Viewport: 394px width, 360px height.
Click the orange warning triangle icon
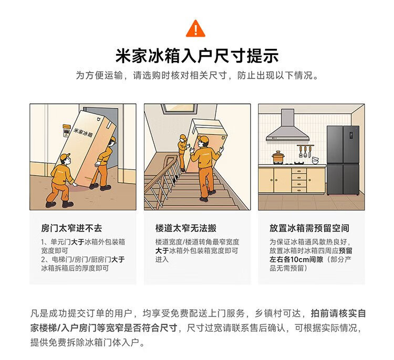[x=195, y=29]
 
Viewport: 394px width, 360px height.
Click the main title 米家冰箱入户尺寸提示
[x=197, y=56]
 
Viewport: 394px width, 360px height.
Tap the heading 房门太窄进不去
[x=71, y=228]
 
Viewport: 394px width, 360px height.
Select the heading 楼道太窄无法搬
[x=185, y=228]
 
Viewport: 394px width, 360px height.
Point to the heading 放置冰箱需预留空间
[x=309, y=228]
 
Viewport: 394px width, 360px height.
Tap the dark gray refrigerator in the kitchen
[x=343, y=161]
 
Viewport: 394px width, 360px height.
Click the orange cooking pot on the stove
[x=278, y=157]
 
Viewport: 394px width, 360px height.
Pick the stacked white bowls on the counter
[x=315, y=160]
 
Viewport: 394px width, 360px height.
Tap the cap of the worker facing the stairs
[x=203, y=139]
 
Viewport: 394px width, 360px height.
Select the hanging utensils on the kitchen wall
[x=305, y=151]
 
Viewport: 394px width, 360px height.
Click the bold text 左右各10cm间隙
[x=296, y=259]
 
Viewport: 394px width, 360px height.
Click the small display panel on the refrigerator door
[x=351, y=135]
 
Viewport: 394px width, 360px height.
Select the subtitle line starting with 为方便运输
[x=197, y=75]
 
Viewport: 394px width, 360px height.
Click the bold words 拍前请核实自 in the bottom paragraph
[x=338, y=313]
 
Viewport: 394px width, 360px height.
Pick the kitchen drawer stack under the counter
[x=299, y=180]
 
